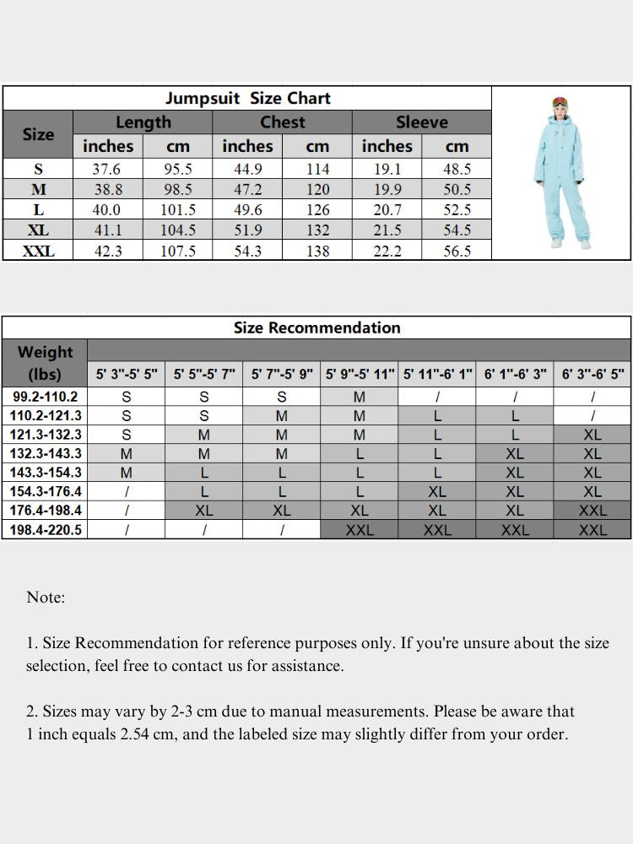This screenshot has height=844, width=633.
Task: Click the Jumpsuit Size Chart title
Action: pos(247,98)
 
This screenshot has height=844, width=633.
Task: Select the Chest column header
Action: pos(282,122)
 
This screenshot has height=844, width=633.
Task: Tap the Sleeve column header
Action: pos(421,122)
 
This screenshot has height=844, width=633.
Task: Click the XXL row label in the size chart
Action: pos(38,251)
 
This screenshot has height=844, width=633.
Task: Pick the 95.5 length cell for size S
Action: pos(177,169)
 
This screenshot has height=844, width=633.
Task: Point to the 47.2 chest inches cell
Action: pos(247,189)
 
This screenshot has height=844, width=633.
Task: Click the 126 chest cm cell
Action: pos(317,209)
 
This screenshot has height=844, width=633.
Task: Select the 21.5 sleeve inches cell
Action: pos(387,230)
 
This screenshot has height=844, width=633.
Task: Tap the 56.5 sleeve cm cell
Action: pos(457,251)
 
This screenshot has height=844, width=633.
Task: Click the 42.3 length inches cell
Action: pos(107,251)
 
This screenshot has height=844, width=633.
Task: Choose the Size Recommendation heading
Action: pos(316,327)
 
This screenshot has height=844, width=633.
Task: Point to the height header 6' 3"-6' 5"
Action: pos(592,374)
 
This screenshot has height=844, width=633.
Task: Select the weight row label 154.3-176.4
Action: pos(46,491)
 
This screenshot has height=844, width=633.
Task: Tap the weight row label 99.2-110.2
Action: pos(45,397)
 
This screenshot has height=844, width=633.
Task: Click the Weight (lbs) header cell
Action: pos(45,362)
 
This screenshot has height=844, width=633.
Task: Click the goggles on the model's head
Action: pos(559,102)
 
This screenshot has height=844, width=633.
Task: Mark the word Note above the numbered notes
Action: pos(45,598)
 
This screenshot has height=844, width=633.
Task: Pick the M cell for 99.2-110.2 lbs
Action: pos(359,397)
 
